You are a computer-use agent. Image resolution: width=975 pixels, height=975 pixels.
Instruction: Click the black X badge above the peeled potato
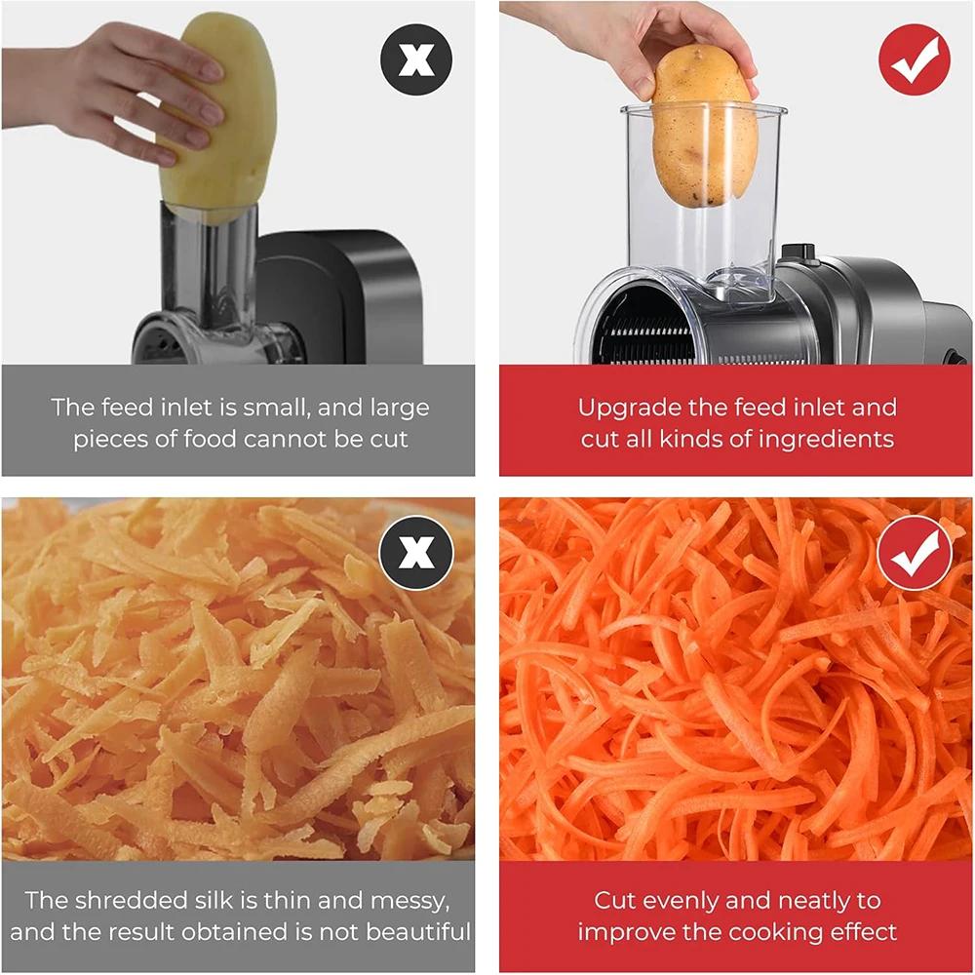tap(416, 60)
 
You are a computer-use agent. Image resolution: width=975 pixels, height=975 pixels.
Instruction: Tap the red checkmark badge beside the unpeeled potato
tap(914, 60)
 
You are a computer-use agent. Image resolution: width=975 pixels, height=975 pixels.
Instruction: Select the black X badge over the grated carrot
tap(416, 553)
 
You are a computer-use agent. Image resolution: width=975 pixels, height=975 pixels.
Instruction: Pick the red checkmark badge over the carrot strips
tap(914, 553)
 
